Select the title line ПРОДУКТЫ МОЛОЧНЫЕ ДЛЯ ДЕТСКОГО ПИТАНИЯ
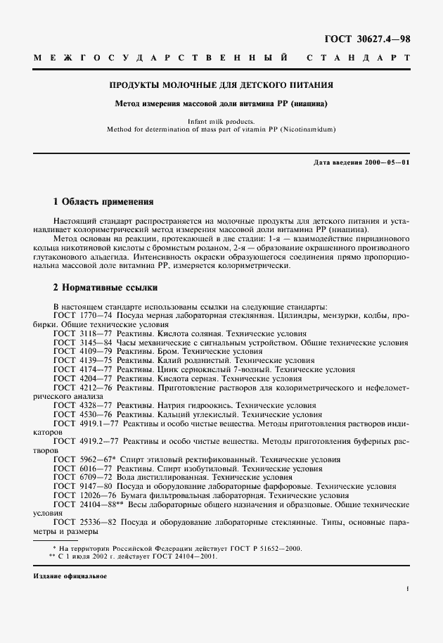pyautogui.click(x=221, y=85)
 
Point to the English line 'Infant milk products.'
pyautogui.click(x=221, y=122)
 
